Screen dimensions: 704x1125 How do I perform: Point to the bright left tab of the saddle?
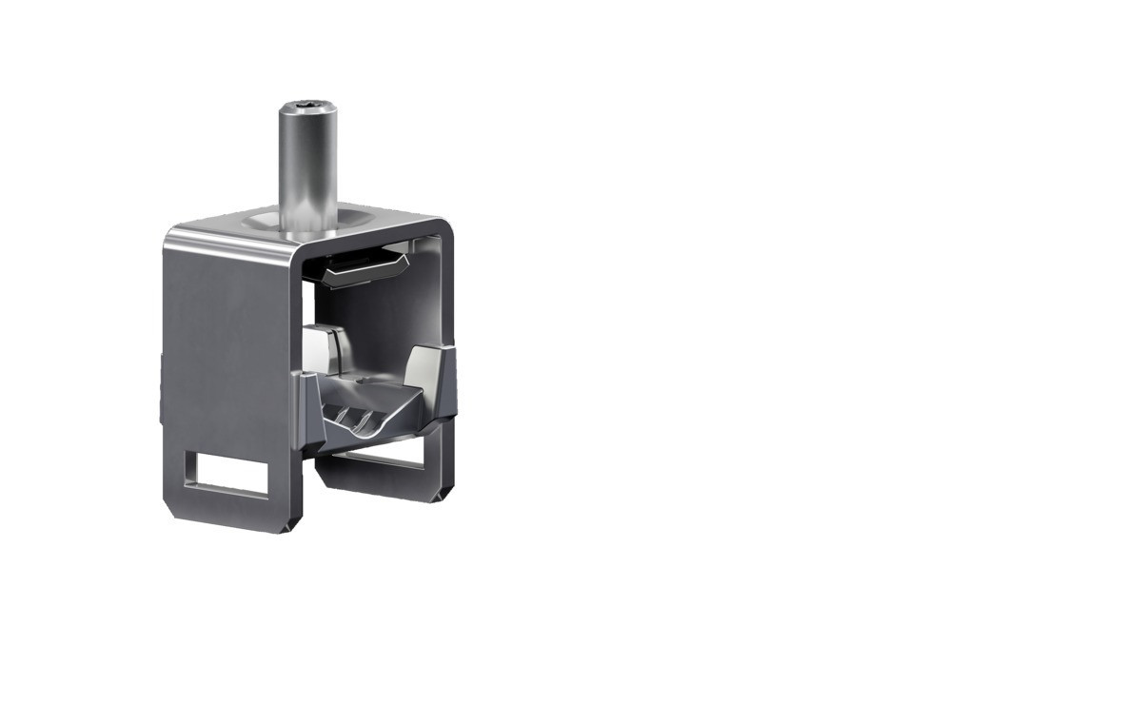click(x=324, y=348)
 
